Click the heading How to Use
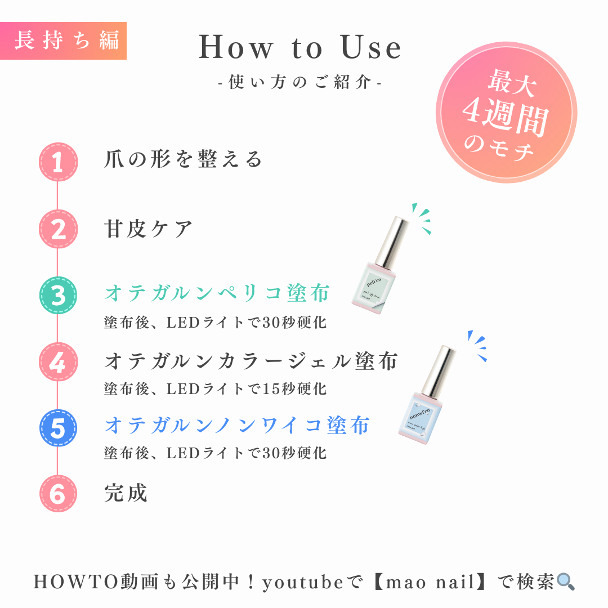pyautogui.click(x=300, y=48)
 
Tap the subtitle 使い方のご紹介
pyautogui.click(x=300, y=83)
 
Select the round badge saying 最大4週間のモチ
pyautogui.click(x=506, y=113)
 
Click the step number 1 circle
pyautogui.click(x=58, y=162)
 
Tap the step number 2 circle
pyautogui.click(x=58, y=230)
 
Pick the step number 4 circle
pyautogui.click(x=58, y=362)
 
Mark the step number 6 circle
pyautogui.click(x=58, y=494)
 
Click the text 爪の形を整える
pyautogui.click(x=184, y=160)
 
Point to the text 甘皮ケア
pyautogui.click(x=149, y=229)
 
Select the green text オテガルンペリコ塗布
pyautogui.click(x=217, y=293)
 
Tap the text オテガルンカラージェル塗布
pyautogui.click(x=251, y=361)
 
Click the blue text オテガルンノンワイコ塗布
pyautogui.click(x=237, y=425)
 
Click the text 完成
pyautogui.click(x=126, y=493)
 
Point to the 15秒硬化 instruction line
pyautogui.click(x=215, y=388)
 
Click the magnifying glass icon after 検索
pyautogui.click(x=565, y=582)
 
